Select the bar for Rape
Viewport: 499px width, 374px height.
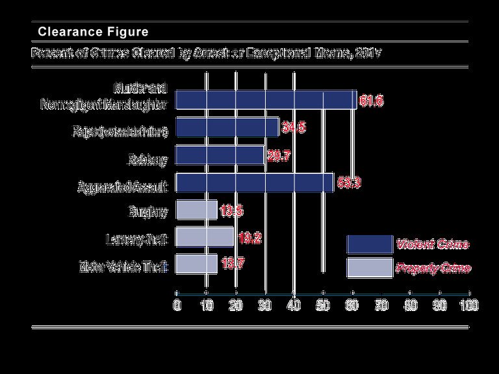point(227,127)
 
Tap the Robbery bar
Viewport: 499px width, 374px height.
point(220,156)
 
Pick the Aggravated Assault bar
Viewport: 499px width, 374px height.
point(255,183)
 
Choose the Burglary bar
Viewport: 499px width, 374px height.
point(196,210)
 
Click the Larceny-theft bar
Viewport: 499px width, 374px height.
point(205,238)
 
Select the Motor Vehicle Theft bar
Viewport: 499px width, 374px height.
point(197,265)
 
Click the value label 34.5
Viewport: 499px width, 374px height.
point(292,128)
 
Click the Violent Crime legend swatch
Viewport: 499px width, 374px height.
point(370,244)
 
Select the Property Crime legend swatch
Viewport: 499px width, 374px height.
point(370,268)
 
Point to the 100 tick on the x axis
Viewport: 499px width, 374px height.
point(469,305)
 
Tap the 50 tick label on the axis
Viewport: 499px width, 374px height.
point(323,305)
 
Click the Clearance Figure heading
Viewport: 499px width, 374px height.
point(93,31)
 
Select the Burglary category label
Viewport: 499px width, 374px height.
point(149,211)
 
